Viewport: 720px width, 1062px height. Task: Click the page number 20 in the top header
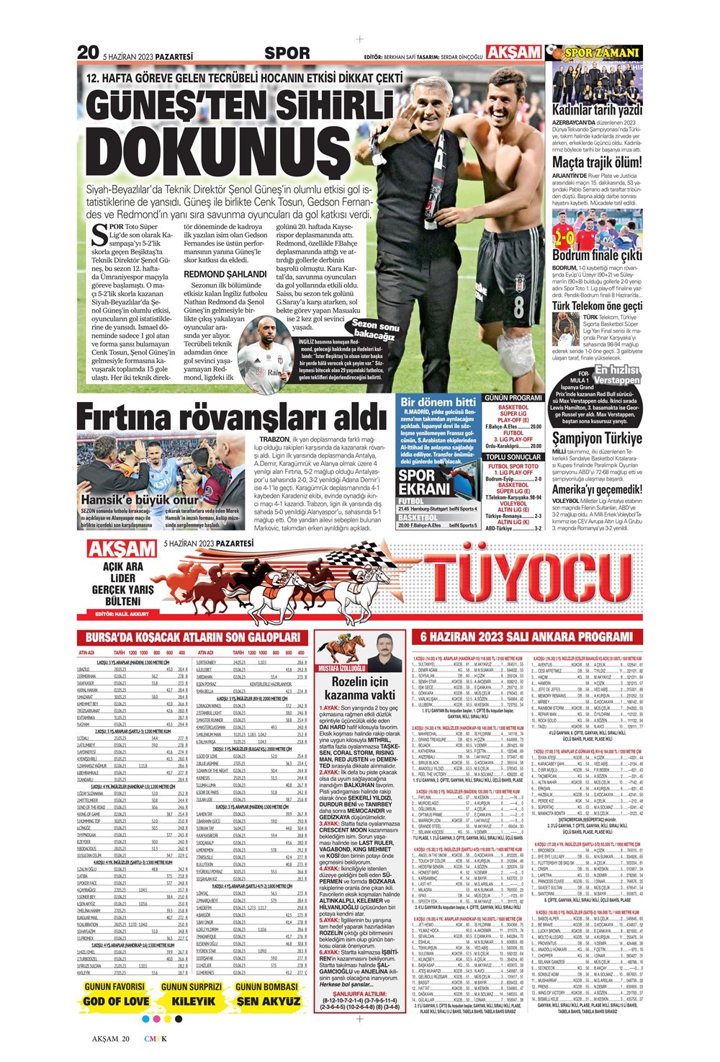pyautogui.click(x=88, y=53)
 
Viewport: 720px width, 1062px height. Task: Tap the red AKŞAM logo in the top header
pyautogui.click(x=514, y=52)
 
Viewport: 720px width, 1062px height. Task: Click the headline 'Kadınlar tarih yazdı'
pyautogui.click(x=596, y=110)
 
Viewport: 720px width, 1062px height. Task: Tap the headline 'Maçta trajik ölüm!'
pyautogui.click(x=596, y=162)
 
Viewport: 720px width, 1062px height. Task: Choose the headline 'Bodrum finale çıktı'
pyautogui.click(x=596, y=255)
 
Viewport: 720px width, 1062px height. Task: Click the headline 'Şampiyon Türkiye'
pyautogui.click(x=596, y=438)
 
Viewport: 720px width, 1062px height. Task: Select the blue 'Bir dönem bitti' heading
pyautogui.click(x=438, y=401)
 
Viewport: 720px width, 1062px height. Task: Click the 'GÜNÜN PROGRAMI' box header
pyautogui.click(x=513, y=398)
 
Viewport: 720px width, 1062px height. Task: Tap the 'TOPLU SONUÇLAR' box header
pyautogui.click(x=513, y=457)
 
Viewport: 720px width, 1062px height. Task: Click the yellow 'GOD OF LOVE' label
pyautogui.click(x=116, y=1001)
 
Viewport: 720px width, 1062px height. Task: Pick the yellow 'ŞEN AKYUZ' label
pyautogui.click(x=268, y=1001)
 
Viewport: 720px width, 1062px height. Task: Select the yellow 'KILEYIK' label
pyautogui.click(x=192, y=1001)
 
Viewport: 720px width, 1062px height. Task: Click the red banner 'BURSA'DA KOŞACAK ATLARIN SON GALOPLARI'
pyautogui.click(x=192, y=637)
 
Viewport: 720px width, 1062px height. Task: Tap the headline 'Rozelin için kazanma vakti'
pyautogui.click(x=359, y=688)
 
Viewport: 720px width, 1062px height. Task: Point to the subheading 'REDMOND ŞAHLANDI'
pyautogui.click(x=225, y=274)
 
